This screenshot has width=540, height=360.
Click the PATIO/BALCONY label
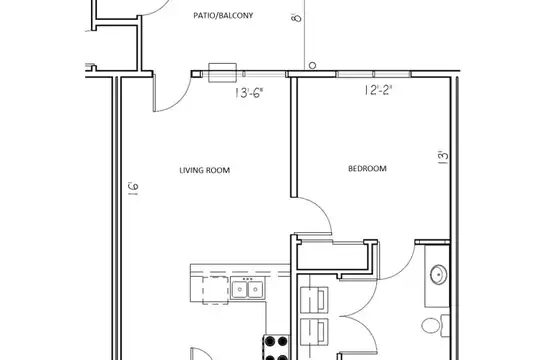click(x=223, y=16)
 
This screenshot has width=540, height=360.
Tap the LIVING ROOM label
click(x=205, y=170)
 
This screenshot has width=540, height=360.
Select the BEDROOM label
click(x=367, y=168)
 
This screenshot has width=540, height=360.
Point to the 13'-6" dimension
click(x=250, y=93)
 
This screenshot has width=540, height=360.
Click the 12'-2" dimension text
click(x=378, y=90)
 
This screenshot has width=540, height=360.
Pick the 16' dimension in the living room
click(x=134, y=189)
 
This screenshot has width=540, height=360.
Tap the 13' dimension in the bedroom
click(x=443, y=157)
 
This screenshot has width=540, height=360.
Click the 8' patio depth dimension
click(x=296, y=17)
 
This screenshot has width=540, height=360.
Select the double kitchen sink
click(x=247, y=289)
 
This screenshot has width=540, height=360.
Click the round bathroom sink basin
click(x=439, y=275)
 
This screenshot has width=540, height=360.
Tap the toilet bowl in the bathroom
click(x=431, y=326)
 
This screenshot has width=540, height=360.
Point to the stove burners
click(x=276, y=347)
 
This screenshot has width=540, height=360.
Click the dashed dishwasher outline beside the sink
click(x=216, y=290)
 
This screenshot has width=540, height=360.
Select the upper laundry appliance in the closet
click(x=314, y=300)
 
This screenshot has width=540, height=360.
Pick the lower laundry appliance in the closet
click(x=314, y=332)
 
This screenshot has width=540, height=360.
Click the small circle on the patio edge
click(x=312, y=65)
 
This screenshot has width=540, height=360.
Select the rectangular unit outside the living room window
click(x=222, y=73)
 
